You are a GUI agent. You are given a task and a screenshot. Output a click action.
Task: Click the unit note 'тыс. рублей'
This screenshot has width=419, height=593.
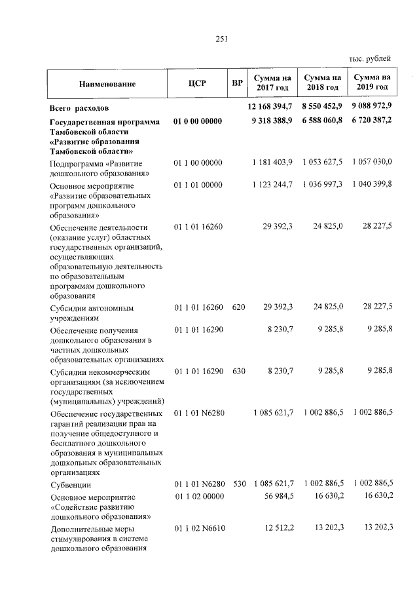click(x=371, y=59)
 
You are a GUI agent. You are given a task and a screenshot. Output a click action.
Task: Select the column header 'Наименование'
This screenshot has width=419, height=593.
click(x=107, y=84)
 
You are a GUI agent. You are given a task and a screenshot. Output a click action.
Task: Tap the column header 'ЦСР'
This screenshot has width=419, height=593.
click(x=196, y=84)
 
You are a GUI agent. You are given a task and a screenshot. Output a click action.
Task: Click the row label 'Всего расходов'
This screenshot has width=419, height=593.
click(x=83, y=107)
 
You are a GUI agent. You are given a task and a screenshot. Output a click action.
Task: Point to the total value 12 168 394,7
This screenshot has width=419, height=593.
click(x=270, y=105)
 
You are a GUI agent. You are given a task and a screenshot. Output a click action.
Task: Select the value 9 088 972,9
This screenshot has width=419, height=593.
click(x=371, y=105)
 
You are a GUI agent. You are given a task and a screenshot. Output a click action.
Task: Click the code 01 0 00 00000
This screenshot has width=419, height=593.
click(x=198, y=121)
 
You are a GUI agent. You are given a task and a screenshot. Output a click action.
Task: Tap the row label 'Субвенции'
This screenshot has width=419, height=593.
click(x=71, y=486)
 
